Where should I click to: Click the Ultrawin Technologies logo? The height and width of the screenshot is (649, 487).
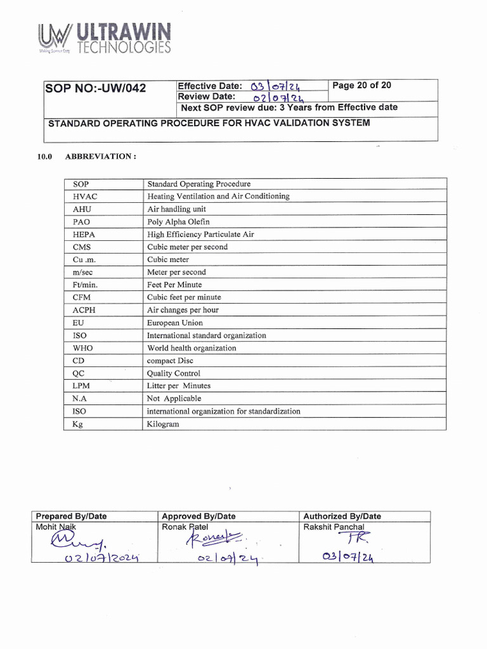(x=103, y=39)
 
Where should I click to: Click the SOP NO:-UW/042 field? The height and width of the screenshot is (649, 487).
(x=95, y=88)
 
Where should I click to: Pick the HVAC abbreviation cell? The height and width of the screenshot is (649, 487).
(x=86, y=196)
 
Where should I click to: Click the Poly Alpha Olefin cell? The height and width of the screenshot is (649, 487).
(x=178, y=222)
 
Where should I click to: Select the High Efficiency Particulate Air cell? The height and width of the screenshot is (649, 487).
(x=200, y=235)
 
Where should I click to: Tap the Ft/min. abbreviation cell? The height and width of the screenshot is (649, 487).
(x=86, y=285)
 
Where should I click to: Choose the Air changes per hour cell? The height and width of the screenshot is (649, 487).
(x=183, y=310)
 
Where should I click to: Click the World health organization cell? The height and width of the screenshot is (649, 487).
(x=192, y=348)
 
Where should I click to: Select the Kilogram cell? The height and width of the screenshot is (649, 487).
(x=163, y=423)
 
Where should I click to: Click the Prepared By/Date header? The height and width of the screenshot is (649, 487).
(x=71, y=517)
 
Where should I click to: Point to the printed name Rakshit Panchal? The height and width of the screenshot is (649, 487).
(x=334, y=527)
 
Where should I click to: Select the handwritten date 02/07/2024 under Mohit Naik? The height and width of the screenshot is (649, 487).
(x=93, y=558)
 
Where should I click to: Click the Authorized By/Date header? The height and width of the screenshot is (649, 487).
(x=342, y=517)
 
